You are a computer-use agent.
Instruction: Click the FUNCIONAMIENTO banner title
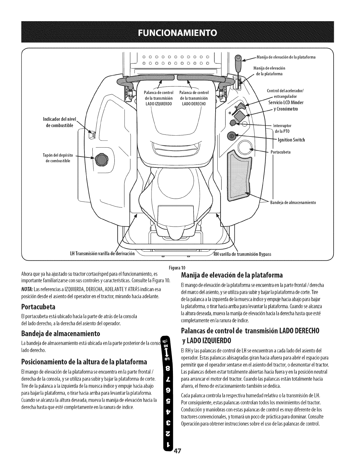pyautogui.click(x=180, y=32)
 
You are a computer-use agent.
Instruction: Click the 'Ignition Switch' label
pyautogui.click(x=291, y=140)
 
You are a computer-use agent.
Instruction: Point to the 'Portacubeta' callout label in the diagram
pyautogui.click(x=281, y=152)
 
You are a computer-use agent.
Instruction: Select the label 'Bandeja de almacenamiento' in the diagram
pyautogui.click(x=293, y=202)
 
